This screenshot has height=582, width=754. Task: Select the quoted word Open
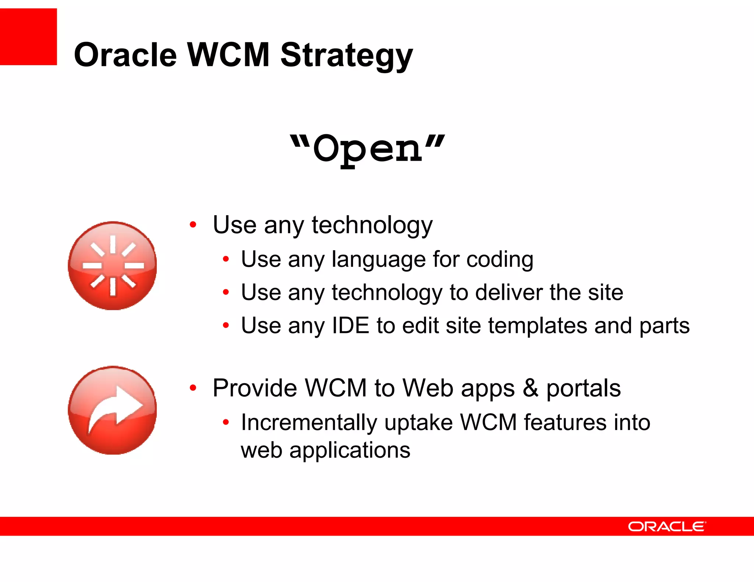(367, 149)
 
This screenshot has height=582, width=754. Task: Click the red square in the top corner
(28, 37)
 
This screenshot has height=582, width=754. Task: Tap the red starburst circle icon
(113, 266)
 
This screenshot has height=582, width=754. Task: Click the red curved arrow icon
(113, 410)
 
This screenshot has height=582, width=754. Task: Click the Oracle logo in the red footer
(667, 526)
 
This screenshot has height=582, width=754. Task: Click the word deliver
(508, 292)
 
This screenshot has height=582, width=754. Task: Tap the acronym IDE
(350, 326)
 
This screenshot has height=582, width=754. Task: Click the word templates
(537, 326)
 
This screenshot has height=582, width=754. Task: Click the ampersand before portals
(530, 388)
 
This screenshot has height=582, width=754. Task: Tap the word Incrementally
(309, 422)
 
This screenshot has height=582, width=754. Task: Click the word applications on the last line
(349, 450)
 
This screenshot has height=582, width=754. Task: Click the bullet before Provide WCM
(193, 388)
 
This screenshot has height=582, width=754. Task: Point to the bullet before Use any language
(226, 259)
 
